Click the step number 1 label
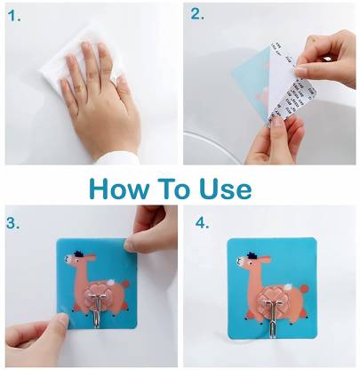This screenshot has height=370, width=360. click(x=14, y=15)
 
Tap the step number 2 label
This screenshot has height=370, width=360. click(x=197, y=14)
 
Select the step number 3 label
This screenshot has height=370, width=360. click(x=13, y=223)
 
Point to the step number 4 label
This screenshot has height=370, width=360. click(x=202, y=222)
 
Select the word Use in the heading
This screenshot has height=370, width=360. click(x=226, y=189)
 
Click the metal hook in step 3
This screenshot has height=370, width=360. click(x=97, y=309)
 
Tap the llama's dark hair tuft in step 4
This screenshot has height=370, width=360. click(x=252, y=255)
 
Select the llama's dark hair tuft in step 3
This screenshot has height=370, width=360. click(x=78, y=253)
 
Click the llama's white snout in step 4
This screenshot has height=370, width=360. click(x=239, y=261)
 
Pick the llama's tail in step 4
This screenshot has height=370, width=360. click(x=304, y=288)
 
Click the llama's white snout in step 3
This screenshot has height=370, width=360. click(x=68, y=259)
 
